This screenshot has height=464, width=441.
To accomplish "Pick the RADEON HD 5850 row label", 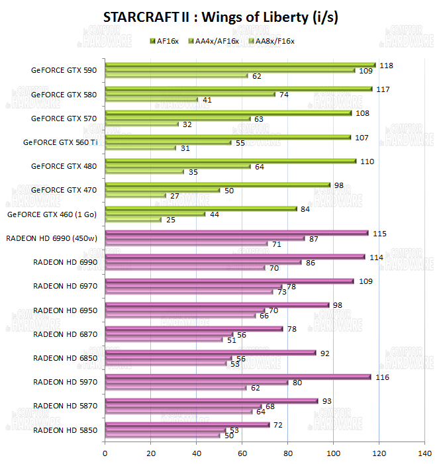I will pos(65,430).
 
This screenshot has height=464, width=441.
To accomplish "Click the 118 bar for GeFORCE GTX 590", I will pos(240,65).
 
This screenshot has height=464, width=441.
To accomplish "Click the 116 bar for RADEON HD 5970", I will pos(237,377).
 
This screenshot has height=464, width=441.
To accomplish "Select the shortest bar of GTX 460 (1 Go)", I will pos(133,219).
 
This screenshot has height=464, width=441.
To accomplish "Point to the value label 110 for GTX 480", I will pos(367,161).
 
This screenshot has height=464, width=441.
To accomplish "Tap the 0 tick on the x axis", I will pos(105,453).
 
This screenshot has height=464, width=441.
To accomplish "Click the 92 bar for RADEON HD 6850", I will pos(210,353).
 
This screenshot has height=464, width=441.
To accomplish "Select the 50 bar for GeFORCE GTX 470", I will pos(162,190).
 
